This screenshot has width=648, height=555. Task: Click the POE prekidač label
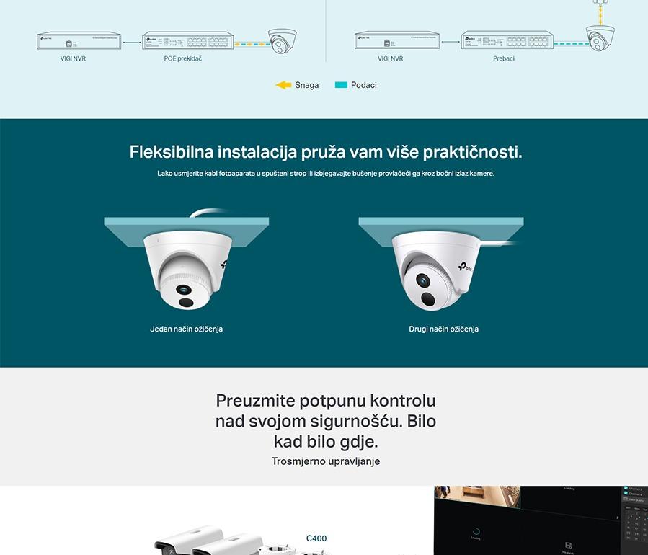tap(182, 59)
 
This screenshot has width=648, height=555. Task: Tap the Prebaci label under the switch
tap(504, 59)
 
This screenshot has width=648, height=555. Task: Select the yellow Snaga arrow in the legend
tap(283, 85)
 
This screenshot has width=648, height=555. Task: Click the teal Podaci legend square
tap(341, 85)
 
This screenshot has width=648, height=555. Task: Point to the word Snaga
tap(306, 85)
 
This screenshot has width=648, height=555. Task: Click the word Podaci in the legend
tap(364, 85)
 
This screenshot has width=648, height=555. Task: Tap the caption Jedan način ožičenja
tap(186, 329)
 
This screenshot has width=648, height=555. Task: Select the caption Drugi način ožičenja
tap(443, 329)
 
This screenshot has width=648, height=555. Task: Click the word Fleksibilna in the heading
tap(172, 153)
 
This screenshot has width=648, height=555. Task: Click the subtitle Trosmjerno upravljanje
tap(326, 461)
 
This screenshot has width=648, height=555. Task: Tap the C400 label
tap(316, 538)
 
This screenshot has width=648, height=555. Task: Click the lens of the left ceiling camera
tap(184, 290)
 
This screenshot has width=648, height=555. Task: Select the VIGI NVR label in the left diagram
tap(73, 59)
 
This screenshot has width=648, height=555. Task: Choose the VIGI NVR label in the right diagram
tap(391, 59)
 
